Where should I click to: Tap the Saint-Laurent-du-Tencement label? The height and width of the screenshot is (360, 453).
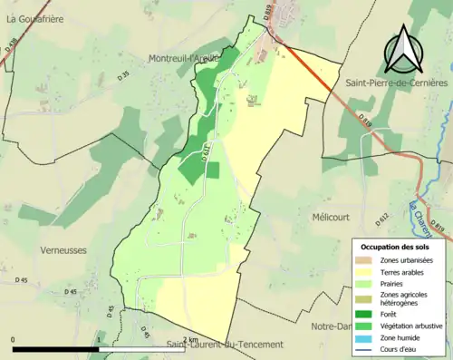pyautogui.click(x=225, y=345)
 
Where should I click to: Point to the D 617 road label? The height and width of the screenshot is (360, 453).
pyautogui.click(x=206, y=154)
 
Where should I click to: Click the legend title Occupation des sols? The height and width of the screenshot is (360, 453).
pyautogui.click(x=396, y=247)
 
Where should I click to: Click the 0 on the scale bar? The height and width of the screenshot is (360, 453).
pyautogui.click(x=14, y=339)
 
